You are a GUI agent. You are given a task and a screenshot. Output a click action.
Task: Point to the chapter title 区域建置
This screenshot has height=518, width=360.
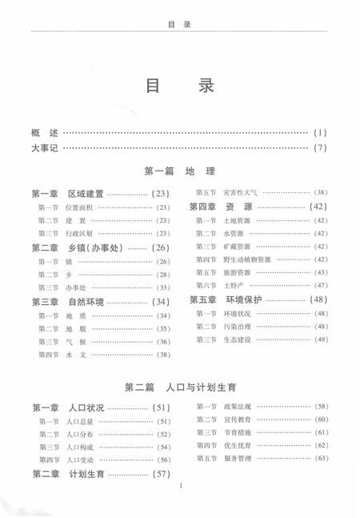(x=86, y=194)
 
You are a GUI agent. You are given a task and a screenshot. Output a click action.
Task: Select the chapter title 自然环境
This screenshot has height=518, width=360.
(x=86, y=302)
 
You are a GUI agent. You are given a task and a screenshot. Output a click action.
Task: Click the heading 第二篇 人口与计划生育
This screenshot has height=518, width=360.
(x=179, y=387)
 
